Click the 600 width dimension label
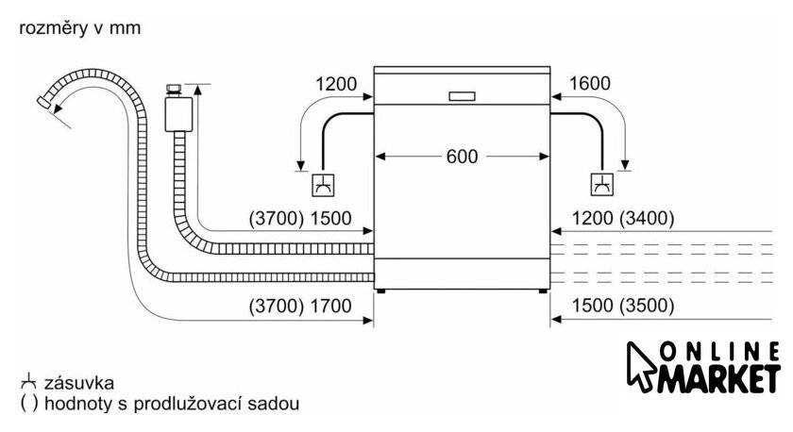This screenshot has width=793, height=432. (463, 156)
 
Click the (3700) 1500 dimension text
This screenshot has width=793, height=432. (299, 219)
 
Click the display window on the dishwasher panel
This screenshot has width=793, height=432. (463, 95)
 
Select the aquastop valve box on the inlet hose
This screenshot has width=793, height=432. (177, 113)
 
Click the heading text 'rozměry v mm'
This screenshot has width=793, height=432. (78, 28)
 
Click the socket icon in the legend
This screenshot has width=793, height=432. (25, 383)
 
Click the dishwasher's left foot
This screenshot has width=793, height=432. (380, 291)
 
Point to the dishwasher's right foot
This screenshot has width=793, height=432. (545, 291)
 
